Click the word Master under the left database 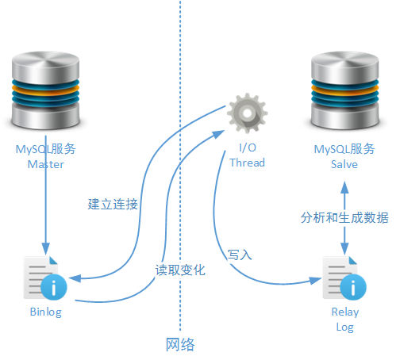click(x=45, y=165)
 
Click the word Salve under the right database click(x=344, y=165)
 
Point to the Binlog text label click(x=45, y=312)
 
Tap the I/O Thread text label click(x=247, y=155)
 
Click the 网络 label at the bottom click(x=180, y=345)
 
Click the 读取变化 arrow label click(x=180, y=270)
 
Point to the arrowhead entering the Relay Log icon click(x=314, y=281)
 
